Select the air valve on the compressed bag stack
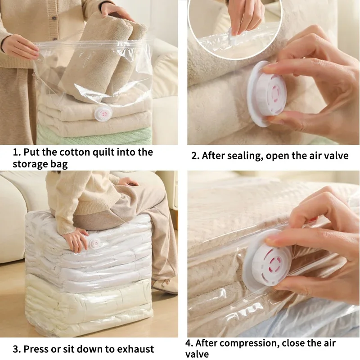tap(95, 243)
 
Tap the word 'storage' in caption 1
tap(30, 164)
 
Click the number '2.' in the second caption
tap(195, 156)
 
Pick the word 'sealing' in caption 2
tap(247, 156)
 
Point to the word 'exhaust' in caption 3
tap(133, 349)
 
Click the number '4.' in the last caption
tap(190, 343)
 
